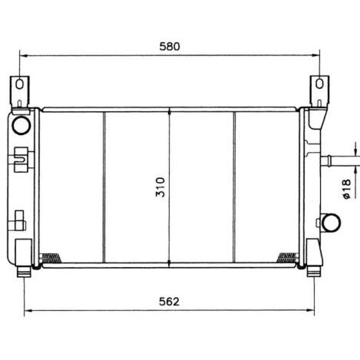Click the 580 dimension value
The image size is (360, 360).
coord(170,47)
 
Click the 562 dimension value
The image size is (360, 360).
coord(169,302)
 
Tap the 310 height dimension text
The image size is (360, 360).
coord(160,187)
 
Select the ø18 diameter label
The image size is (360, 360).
coord(346,190)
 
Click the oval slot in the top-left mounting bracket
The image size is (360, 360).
coord(20,84)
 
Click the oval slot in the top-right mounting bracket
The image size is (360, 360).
coord(319,84)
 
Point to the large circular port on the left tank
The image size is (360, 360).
coord(21,125)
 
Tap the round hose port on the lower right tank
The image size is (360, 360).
coord(331,223)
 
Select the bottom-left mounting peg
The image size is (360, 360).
coord(24,272)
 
